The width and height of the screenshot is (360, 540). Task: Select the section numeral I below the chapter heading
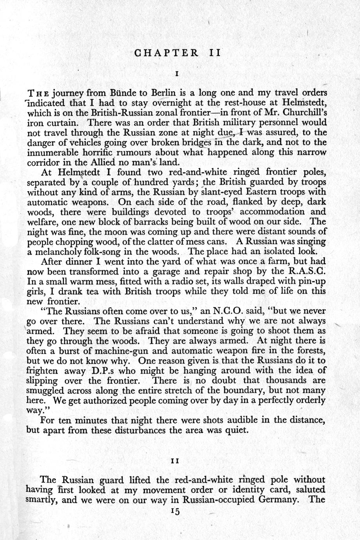[x=177, y=74]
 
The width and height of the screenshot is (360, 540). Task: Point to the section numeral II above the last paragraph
[x=176, y=461]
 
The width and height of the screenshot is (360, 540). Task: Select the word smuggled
[x=45, y=390]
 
